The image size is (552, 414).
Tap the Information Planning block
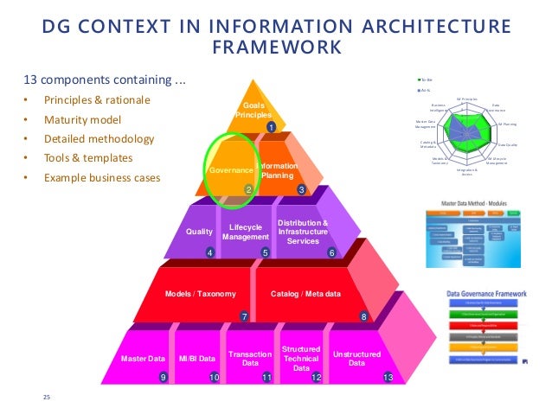click(277, 169)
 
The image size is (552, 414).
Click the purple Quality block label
click(199, 232)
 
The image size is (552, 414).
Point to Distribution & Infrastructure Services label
click(303, 232)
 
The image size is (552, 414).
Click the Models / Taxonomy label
click(201, 294)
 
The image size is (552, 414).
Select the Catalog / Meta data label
click(305, 294)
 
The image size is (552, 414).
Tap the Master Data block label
click(144, 358)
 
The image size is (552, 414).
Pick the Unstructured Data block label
click(356, 358)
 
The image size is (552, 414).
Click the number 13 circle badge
click(388, 378)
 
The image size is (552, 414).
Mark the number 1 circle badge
click(270, 128)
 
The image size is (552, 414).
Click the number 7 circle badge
click(245, 316)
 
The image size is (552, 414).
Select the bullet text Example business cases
click(103, 179)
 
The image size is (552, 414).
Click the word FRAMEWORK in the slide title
click(276, 44)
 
